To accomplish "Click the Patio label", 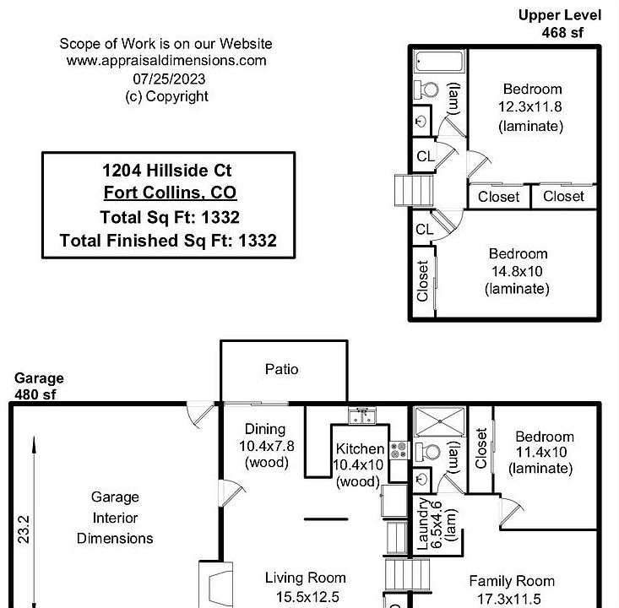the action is (281, 369).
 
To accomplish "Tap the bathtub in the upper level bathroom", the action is (440, 62).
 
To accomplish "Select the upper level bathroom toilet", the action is (426, 90).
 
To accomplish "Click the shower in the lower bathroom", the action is (440, 422).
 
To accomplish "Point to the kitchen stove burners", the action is (399, 450).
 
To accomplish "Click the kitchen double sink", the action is (362, 416).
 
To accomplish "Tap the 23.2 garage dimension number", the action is (24, 529).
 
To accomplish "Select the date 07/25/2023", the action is (169, 79).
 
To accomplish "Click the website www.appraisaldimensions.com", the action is (166, 61).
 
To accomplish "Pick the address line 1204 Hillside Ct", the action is (167, 171).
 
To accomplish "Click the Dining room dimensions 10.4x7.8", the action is (267, 446).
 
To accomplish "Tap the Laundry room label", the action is (422, 524).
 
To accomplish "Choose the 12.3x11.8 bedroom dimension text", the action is (529, 106).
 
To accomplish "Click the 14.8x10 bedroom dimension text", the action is (517, 271).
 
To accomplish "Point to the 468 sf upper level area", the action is (562, 32).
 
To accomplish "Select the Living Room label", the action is (305, 578).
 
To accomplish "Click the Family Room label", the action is (512, 581).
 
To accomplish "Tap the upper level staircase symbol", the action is (414, 190).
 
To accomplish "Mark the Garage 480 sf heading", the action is (39, 386).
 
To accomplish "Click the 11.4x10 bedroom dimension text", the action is (541, 452).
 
